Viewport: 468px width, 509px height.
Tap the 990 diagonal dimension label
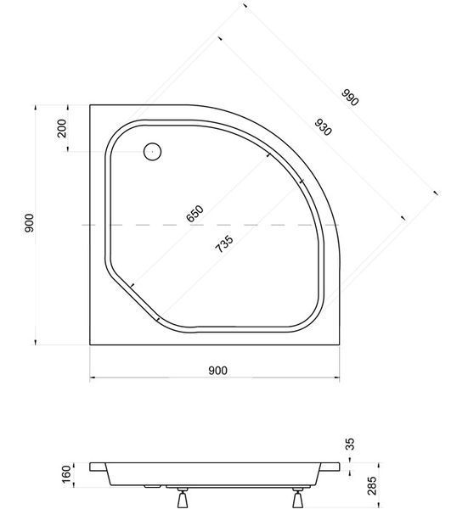pyautogui.click(x=350, y=98)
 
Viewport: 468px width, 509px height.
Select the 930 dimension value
pyautogui.click(x=323, y=127)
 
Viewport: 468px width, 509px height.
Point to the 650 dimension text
pyautogui.click(x=195, y=213)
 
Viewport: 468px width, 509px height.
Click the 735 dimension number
pyautogui.click(x=224, y=243)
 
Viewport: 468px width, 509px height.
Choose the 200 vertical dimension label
pyautogui.click(x=61, y=128)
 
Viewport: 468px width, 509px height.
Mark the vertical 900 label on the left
pyautogui.click(x=29, y=222)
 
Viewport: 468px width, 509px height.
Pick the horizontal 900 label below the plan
pyautogui.click(x=217, y=371)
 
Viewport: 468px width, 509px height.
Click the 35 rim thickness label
pyautogui.click(x=350, y=444)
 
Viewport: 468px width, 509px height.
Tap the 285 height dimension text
pyautogui.click(x=373, y=485)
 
